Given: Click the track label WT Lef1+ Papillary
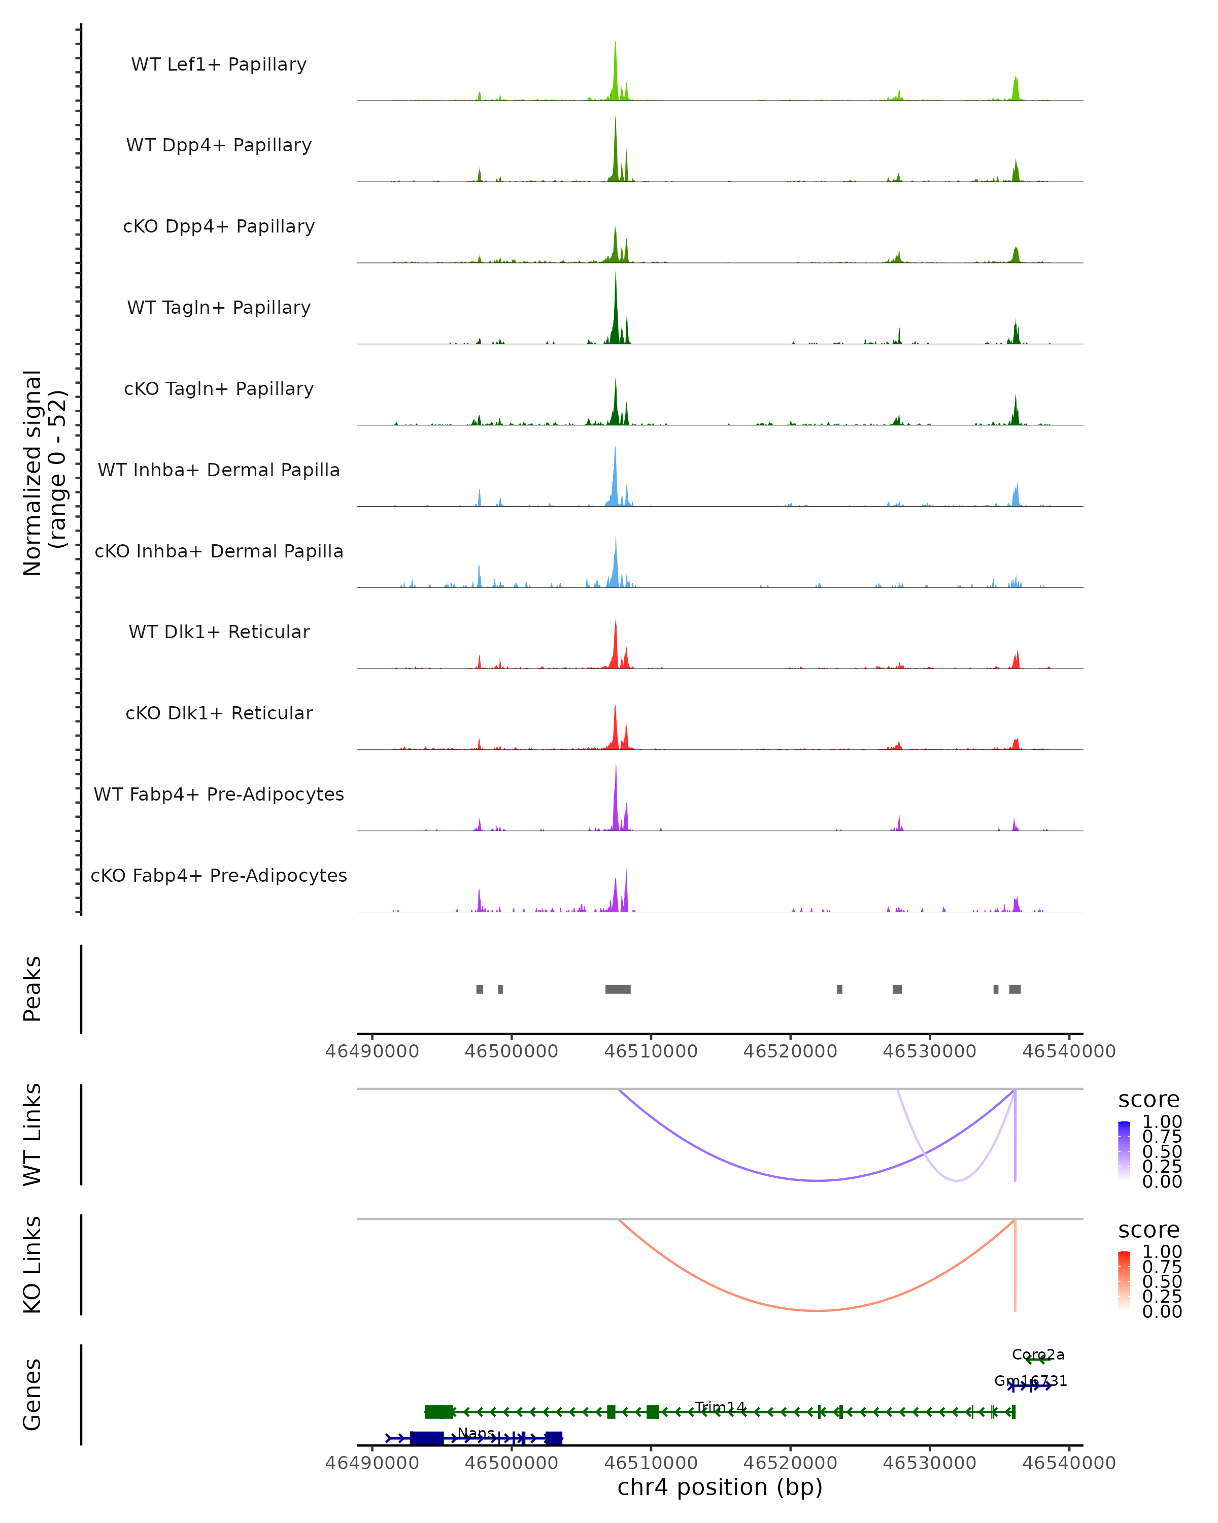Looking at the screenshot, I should pos(219,64).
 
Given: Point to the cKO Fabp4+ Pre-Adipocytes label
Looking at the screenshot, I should pos(219,875).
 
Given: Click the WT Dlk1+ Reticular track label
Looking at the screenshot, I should pos(219,632).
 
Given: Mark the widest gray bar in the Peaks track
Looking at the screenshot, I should pos(618,989).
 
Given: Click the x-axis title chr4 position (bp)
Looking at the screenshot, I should pos(720,1487).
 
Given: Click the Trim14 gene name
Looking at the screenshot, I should pos(720,1407).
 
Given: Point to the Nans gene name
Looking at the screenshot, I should pos(476,1433).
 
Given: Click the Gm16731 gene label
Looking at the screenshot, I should pos(1030,1380).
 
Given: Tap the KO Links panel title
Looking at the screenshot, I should pos(32,1265).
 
